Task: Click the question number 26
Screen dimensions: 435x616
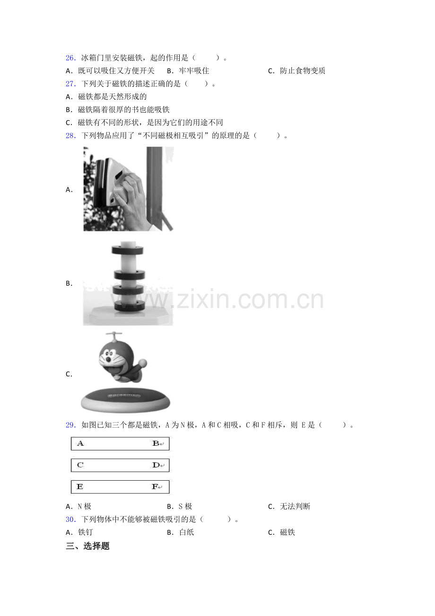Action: (70, 58)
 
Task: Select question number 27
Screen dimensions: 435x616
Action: (70, 84)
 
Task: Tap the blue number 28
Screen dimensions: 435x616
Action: (70, 136)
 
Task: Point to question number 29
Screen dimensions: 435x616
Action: (70, 425)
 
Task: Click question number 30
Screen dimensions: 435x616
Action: (70, 519)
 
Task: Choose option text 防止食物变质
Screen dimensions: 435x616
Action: (303, 71)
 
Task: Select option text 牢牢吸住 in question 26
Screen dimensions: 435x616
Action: (194, 71)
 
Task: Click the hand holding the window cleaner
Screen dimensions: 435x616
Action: (132, 199)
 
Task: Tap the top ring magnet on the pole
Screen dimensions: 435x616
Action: (128, 250)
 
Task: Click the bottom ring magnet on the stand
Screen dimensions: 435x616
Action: (130, 306)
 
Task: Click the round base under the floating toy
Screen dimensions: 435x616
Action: (126, 400)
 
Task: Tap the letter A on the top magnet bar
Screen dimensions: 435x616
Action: (80, 443)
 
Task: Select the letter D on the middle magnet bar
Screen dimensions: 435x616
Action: (156, 465)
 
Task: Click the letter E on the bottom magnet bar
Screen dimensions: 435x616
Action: (80, 487)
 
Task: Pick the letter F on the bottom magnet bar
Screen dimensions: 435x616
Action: (155, 487)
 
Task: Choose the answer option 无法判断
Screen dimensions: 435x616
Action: (295, 507)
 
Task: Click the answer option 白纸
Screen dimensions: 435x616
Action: (187, 532)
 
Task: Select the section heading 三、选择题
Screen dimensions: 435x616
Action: (87, 546)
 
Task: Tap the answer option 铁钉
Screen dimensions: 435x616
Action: (86, 532)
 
